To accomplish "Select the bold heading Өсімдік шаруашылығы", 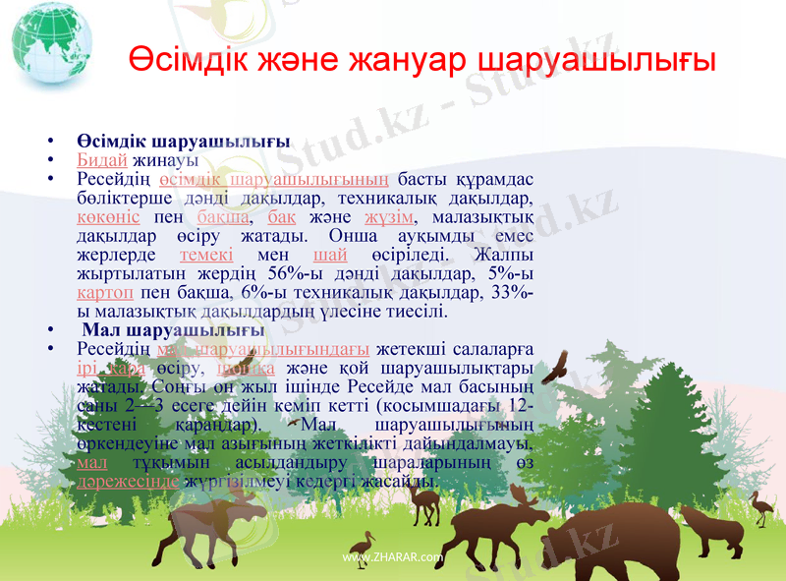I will (x=183, y=141).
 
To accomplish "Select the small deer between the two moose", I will (x=425, y=502).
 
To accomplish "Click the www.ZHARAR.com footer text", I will (x=393, y=557).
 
